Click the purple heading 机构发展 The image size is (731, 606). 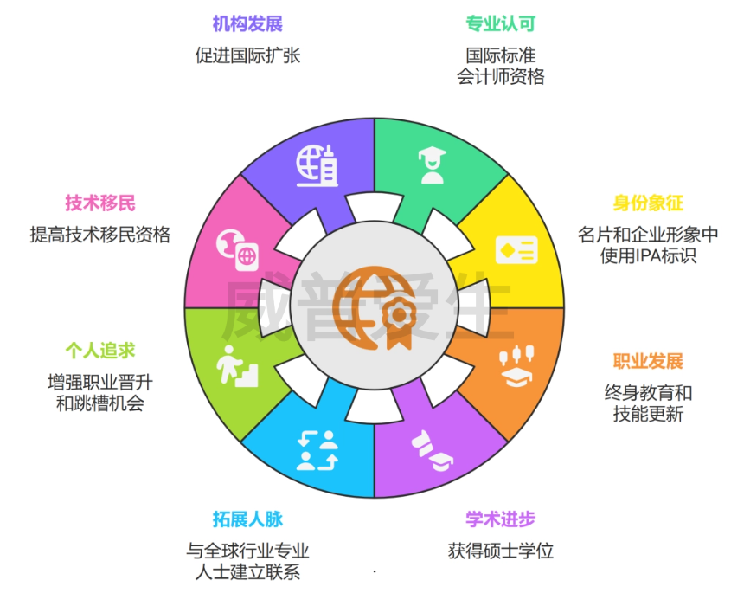[x=247, y=23]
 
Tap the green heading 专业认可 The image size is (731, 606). [x=501, y=23]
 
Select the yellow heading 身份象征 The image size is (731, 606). [x=648, y=203]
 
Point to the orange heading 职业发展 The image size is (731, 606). [x=648, y=361]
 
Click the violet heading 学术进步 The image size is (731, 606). [x=501, y=519]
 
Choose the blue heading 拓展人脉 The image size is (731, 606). [x=247, y=519]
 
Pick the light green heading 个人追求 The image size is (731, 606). [x=100, y=351]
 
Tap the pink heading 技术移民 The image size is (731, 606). [x=100, y=203]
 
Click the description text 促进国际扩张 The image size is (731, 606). [x=247, y=55]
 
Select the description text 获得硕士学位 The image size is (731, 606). [x=501, y=551]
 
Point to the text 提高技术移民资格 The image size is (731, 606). [x=100, y=235]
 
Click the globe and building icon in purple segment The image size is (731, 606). [x=317, y=165]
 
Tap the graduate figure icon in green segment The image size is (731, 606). [x=433, y=165]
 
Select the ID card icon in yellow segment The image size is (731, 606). [x=516, y=250]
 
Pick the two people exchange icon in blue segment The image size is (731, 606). [x=317, y=450]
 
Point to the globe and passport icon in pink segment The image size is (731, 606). [x=237, y=249]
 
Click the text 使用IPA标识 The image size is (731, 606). [x=648, y=255]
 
